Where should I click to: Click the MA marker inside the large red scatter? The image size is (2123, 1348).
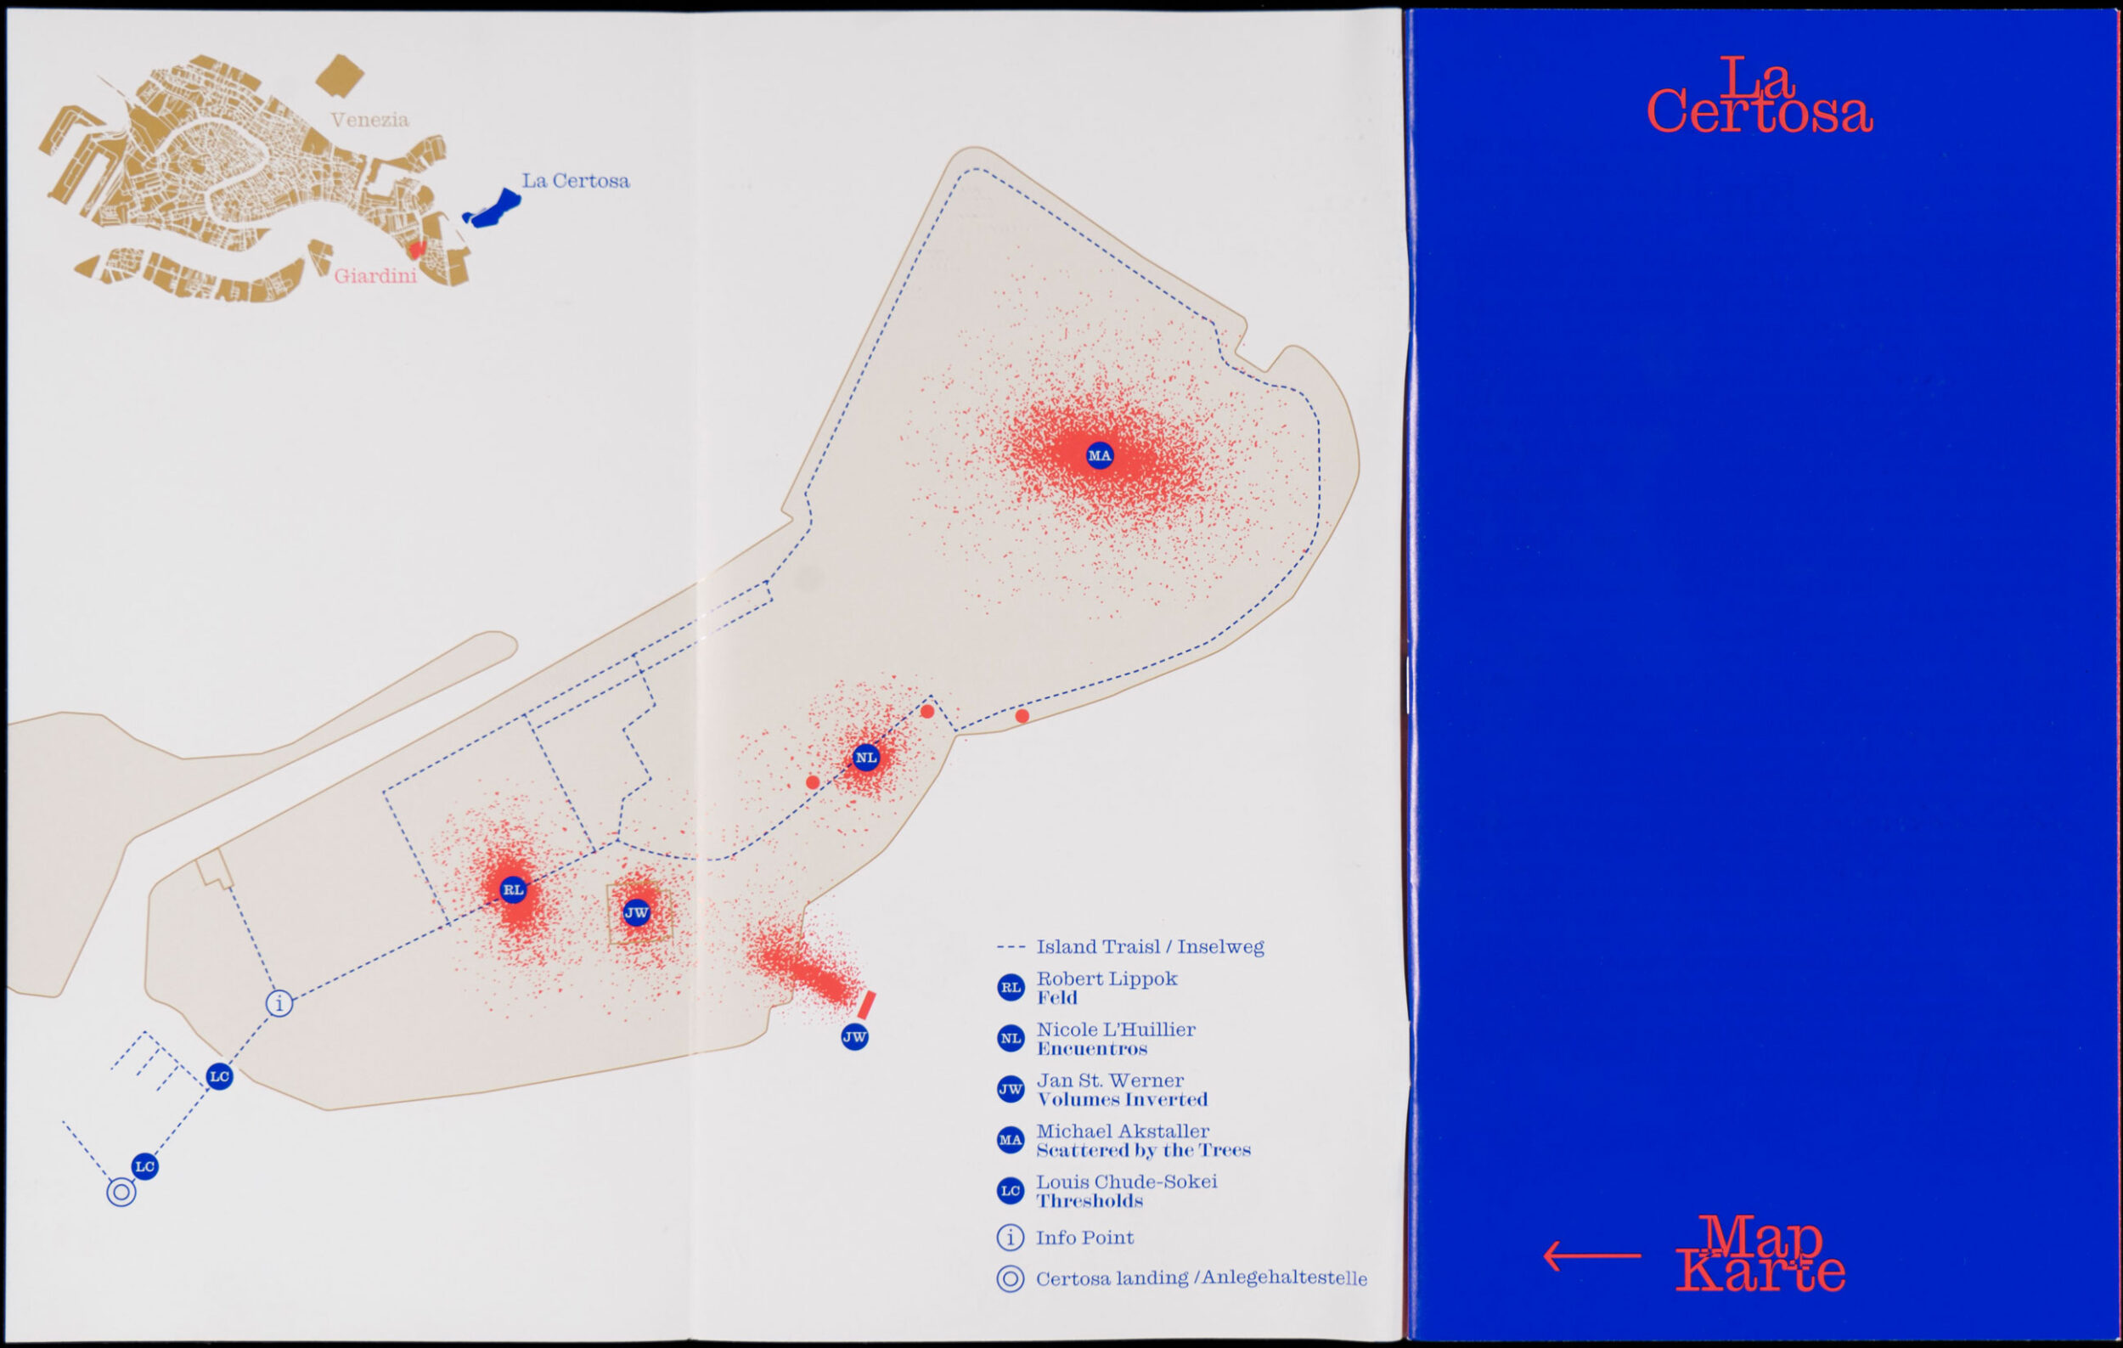[1100, 456]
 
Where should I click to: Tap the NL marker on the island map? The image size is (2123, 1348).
[866, 758]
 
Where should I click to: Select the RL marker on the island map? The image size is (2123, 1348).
[513, 889]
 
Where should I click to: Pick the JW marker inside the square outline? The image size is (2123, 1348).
[637, 912]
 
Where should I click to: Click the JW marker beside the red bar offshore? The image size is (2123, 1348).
[854, 1037]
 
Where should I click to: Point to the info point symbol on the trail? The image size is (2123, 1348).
[279, 1003]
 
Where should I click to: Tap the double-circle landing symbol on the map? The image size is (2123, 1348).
[121, 1193]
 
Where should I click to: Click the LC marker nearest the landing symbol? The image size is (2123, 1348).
[144, 1166]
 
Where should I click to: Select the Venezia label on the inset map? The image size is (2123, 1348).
[369, 120]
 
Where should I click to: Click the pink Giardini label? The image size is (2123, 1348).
[374, 277]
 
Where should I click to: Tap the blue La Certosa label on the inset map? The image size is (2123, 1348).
[576, 181]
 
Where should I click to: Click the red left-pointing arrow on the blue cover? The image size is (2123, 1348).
[1592, 1255]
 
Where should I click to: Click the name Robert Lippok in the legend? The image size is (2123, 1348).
[1107, 979]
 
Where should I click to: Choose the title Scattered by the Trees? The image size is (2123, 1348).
[1144, 1151]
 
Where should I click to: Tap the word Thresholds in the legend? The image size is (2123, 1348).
[1090, 1202]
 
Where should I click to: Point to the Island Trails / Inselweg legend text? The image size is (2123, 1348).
[1150, 947]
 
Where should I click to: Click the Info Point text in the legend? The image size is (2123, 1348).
[1084, 1238]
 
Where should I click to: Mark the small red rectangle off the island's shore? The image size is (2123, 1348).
[867, 1004]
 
